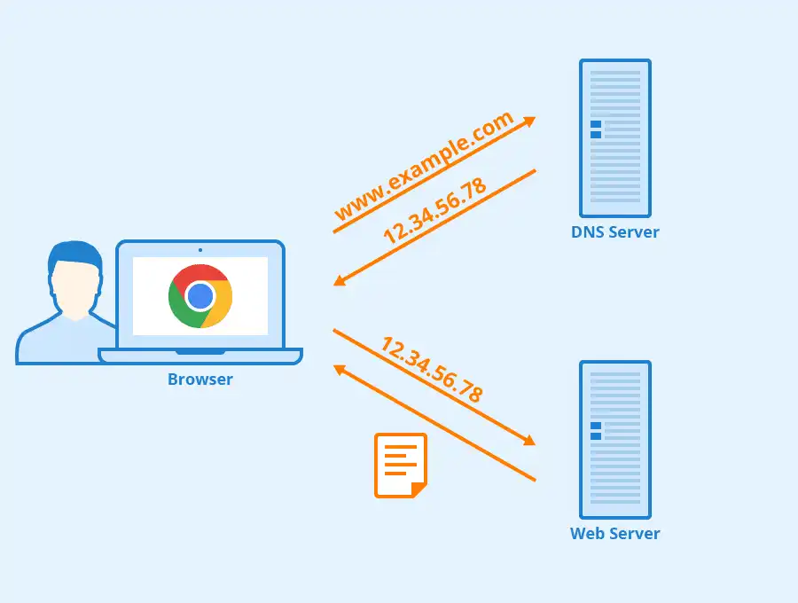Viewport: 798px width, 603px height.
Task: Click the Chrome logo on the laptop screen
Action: [200, 296]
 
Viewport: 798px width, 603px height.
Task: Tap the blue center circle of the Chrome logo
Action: [200, 296]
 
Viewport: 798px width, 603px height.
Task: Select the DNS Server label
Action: [615, 232]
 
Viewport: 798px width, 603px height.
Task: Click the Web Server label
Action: [615, 534]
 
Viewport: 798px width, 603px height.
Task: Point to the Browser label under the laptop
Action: [200, 380]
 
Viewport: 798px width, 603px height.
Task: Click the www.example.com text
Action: [424, 167]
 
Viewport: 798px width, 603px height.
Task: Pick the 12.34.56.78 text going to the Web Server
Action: [432, 370]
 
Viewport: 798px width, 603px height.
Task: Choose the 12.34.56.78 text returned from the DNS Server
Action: [434, 211]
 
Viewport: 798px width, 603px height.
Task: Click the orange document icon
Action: [400, 465]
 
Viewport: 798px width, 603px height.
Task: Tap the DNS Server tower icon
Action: [615, 138]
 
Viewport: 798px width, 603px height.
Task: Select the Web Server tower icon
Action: [615, 440]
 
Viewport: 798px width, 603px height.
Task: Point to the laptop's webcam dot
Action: [200, 250]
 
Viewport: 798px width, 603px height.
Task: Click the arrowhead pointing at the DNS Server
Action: [530, 121]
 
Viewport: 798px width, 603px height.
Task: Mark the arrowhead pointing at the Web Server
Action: [530, 440]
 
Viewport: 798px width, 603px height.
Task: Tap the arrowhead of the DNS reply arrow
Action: [339, 281]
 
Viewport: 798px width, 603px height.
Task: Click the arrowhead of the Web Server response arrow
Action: [339, 369]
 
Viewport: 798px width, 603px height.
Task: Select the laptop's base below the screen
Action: [200, 356]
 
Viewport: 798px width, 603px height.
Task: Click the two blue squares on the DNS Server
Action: [596, 129]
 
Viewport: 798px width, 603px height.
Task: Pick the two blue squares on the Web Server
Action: [596, 431]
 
